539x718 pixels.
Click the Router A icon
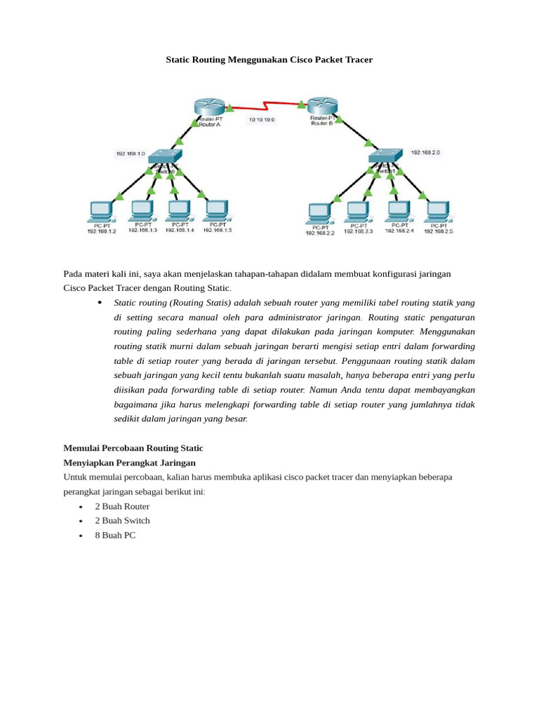[208, 107]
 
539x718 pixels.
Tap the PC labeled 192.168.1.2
[101, 210]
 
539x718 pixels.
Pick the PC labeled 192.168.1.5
[218, 210]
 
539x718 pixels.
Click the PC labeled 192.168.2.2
[319, 212]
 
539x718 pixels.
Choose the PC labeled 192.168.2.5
[438, 210]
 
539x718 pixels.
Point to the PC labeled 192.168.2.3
[358, 211]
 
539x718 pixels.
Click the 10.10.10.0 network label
[262, 120]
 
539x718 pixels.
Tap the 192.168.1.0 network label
[131, 153]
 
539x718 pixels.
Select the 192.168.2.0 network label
[425, 151]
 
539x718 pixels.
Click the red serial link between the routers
[265, 107]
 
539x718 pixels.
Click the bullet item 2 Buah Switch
[122, 520]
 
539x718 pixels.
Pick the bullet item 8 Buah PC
[115, 535]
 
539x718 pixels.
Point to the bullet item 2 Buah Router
[122, 506]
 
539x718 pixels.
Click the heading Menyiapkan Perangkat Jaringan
[129, 463]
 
